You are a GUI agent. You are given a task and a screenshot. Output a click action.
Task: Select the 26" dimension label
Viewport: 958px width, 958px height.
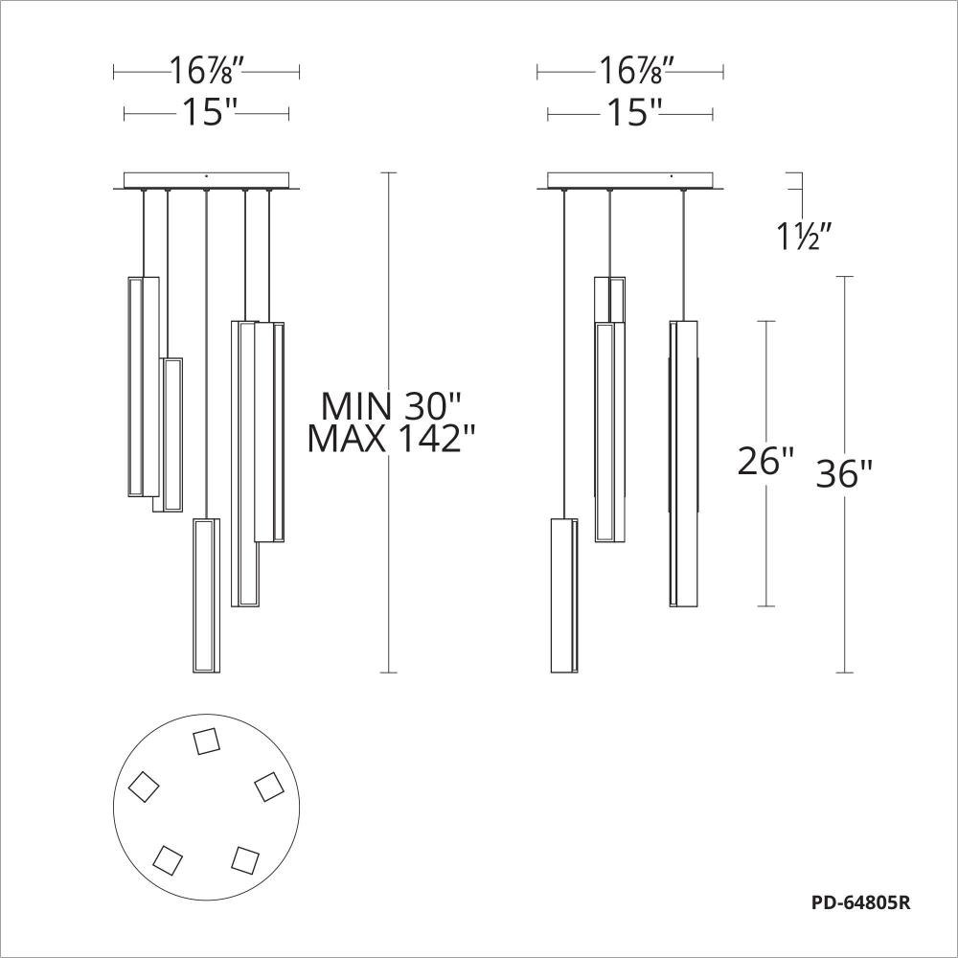click(766, 460)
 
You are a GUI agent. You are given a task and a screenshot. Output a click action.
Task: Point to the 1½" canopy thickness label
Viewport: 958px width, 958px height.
click(804, 236)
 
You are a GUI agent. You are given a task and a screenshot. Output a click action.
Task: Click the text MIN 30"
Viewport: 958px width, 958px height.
click(391, 405)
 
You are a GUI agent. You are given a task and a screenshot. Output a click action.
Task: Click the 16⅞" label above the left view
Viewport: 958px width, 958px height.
click(207, 71)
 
